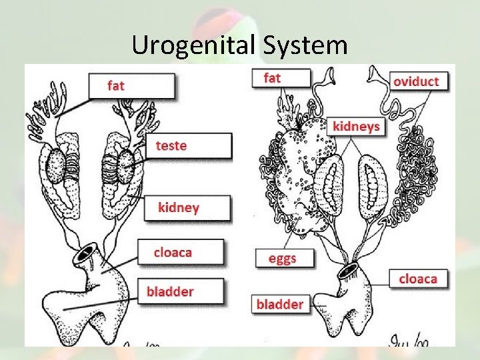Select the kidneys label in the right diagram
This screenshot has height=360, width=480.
pos(356,126)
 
